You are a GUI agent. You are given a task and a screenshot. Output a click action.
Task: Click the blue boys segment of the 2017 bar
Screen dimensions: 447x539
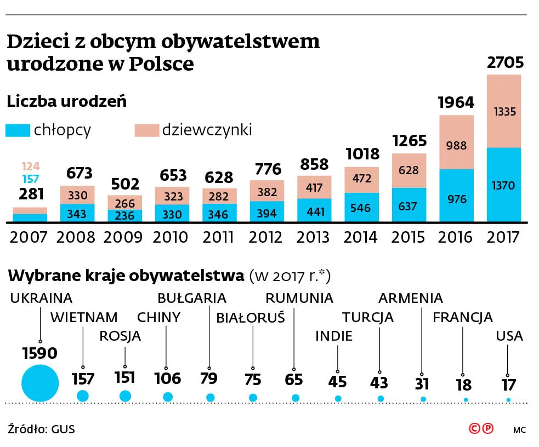(x=504, y=185)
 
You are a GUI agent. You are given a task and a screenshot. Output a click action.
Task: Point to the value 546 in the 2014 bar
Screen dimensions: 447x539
(x=361, y=208)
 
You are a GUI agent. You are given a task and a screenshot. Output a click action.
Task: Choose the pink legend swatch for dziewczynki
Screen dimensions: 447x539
(x=146, y=130)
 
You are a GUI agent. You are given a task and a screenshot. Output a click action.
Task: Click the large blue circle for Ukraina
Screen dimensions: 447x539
(x=40, y=382)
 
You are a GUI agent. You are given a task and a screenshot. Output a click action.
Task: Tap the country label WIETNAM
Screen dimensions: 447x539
(x=84, y=317)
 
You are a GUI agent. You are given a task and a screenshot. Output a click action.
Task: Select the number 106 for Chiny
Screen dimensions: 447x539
(x=168, y=378)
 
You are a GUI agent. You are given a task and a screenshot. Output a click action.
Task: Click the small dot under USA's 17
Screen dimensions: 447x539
(x=508, y=400)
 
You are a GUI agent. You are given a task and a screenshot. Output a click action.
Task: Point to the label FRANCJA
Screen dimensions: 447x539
(x=462, y=317)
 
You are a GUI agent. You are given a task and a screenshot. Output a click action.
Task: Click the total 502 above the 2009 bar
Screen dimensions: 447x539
(x=126, y=184)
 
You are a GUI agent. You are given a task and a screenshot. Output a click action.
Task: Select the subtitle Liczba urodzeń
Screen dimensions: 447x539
(x=66, y=101)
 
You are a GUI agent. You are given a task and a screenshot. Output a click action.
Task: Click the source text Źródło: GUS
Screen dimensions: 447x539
(x=42, y=429)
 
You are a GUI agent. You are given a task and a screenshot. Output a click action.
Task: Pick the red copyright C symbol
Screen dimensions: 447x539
(x=475, y=429)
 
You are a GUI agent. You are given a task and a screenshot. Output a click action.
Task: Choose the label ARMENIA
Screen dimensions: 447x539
(x=411, y=298)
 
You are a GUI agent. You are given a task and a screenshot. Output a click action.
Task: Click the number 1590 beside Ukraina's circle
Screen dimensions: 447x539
(x=39, y=353)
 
